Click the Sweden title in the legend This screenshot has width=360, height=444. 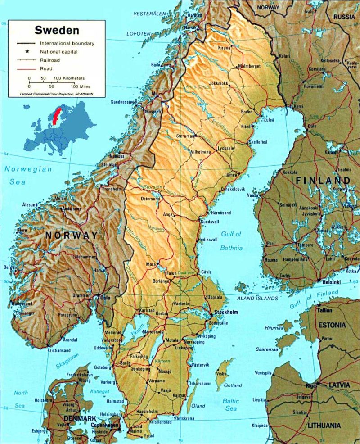57,31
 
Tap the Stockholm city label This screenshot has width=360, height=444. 226,312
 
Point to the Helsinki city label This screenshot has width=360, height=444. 331,281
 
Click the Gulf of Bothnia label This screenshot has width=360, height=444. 231,241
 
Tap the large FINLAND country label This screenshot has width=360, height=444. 323,181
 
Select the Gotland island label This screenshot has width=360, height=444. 233,385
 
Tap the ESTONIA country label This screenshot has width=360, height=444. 332,325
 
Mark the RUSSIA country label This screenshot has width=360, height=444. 344,17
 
